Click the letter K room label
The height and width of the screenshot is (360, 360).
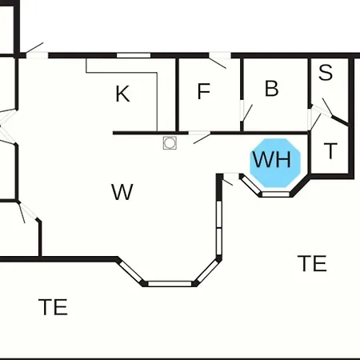click(122, 94)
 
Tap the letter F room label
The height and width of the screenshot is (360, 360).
click(204, 91)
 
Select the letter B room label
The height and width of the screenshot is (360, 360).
click(272, 88)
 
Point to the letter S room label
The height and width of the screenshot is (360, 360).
click(326, 72)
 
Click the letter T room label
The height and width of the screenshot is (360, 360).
click(330, 150)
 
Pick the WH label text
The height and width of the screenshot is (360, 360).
click(272, 159)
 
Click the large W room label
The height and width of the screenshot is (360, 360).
click(122, 192)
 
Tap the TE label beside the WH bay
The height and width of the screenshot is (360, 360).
click(312, 263)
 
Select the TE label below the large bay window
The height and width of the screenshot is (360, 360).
click(53, 307)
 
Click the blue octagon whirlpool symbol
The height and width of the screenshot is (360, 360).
click(275, 163)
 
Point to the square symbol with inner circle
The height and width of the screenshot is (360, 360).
click(170, 143)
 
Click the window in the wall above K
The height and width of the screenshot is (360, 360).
click(134, 55)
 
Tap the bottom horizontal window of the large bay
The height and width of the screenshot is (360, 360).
click(170, 284)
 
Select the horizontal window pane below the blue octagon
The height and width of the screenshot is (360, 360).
click(276, 194)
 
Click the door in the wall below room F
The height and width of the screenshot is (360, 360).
click(201, 137)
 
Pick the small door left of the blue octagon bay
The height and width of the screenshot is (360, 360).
click(230, 178)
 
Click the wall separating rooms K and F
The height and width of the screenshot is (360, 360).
click(178, 94)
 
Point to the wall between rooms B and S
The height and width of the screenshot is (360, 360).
click(310, 82)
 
